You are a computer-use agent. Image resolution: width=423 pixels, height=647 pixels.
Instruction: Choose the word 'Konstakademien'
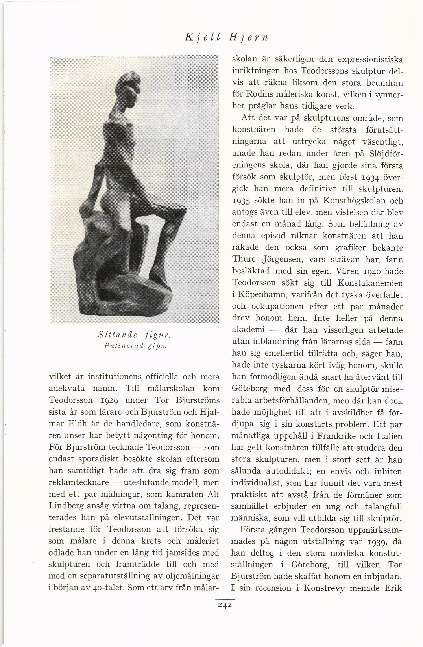coord(370,283)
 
